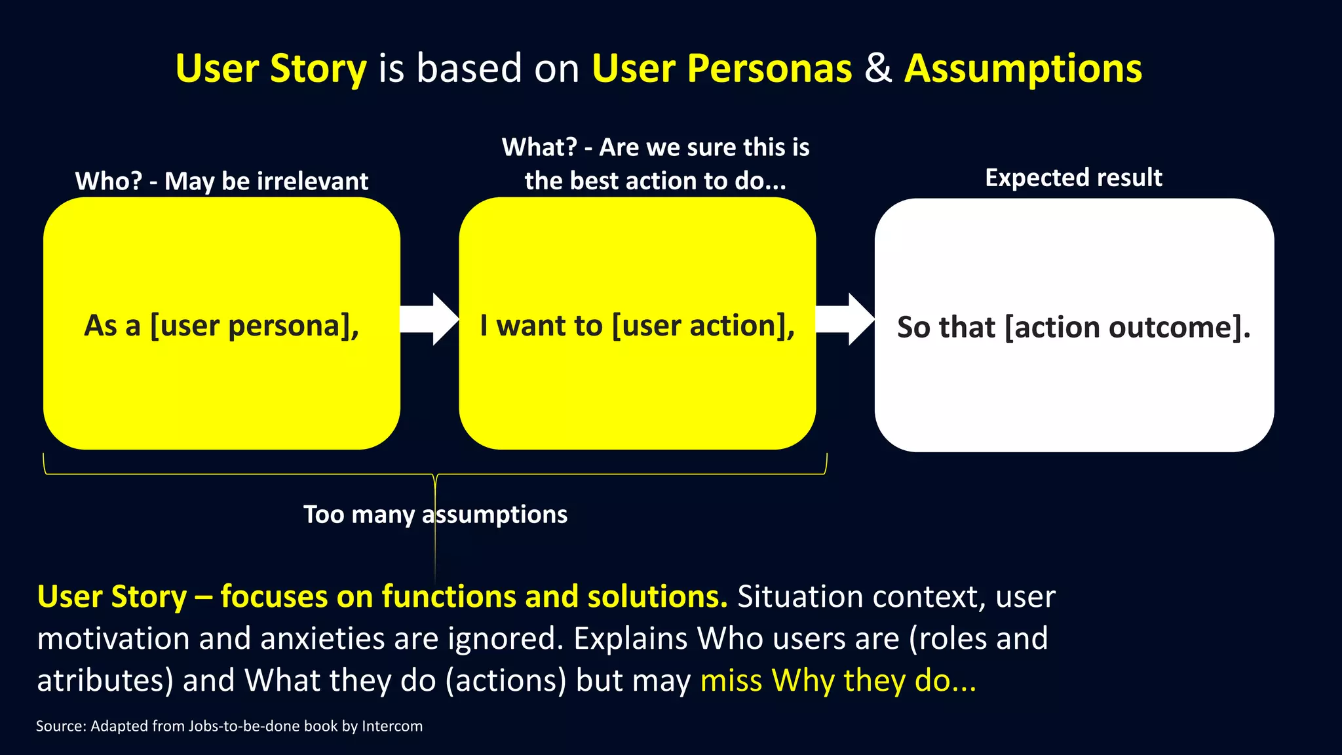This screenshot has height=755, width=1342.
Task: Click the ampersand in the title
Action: click(x=878, y=68)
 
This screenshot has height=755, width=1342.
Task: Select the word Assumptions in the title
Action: click(x=1023, y=68)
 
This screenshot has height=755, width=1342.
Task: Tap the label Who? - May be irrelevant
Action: click(x=221, y=181)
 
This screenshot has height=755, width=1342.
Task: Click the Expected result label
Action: click(x=1073, y=178)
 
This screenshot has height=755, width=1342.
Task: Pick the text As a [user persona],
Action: click(x=221, y=326)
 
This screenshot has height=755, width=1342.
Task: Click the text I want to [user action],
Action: click(x=637, y=326)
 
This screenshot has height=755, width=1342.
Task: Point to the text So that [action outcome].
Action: click(x=1073, y=327)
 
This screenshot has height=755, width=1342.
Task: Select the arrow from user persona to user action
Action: click(x=430, y=319)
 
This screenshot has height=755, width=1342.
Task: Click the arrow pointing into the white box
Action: click(x=845, y=319)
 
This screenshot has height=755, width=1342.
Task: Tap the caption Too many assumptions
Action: click(x=435, y=514)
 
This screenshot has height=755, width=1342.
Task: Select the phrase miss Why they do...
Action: click(x=837, y=680)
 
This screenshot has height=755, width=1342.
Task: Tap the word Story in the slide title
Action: click(x=318, y=68)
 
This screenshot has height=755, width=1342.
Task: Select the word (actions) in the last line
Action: click(x=506, y=680)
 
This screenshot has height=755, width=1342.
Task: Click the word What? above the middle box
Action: click(x=539, y=147)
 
